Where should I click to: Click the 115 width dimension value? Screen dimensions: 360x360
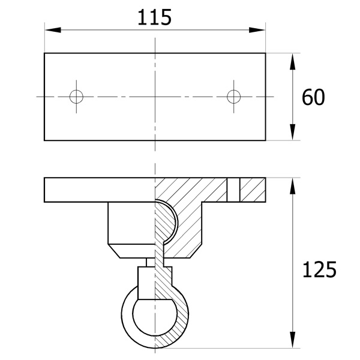pos(154,17)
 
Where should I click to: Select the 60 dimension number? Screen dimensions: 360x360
pos(313,97)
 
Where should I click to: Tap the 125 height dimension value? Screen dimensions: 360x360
pos(319,269)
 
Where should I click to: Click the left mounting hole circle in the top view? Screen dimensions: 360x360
pos(76,97)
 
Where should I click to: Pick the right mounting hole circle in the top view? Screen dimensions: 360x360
pos(234,97)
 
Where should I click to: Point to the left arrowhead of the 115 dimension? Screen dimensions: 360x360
pos(53,30)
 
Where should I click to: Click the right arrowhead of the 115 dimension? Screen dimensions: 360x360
pos(257,30)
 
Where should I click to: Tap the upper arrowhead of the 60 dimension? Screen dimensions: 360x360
pos(293,62)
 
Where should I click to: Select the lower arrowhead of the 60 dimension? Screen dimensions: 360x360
pos(293,132)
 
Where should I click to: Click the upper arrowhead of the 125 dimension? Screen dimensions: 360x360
pos(293,186)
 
